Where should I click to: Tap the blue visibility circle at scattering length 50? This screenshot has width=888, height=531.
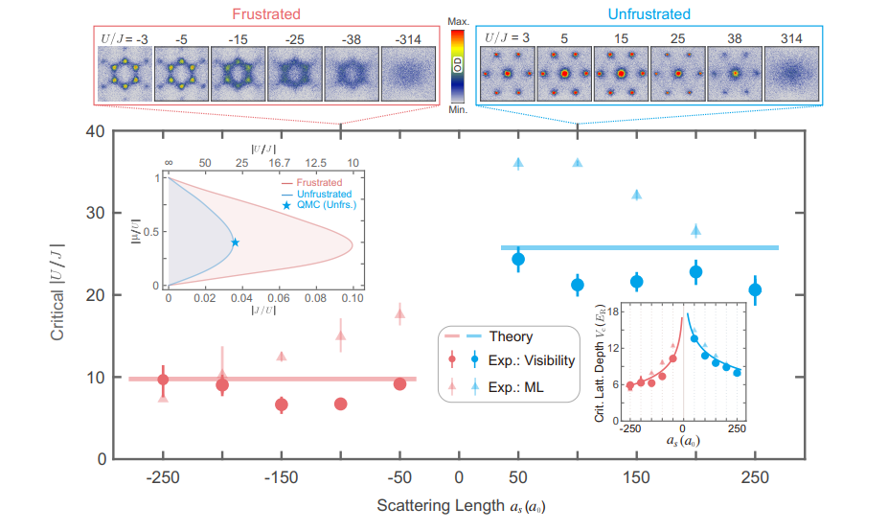point(518,259)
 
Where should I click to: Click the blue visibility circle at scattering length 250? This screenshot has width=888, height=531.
point(755,289)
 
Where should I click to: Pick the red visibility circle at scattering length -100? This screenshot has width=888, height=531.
point(340,404)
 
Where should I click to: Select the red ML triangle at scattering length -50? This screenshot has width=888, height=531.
point(399,312)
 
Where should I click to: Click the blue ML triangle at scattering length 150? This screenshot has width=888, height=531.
point(636,195)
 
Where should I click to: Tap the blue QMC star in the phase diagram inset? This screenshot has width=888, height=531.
point(235,242)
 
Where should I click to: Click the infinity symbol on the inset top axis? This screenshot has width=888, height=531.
point(169,163)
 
